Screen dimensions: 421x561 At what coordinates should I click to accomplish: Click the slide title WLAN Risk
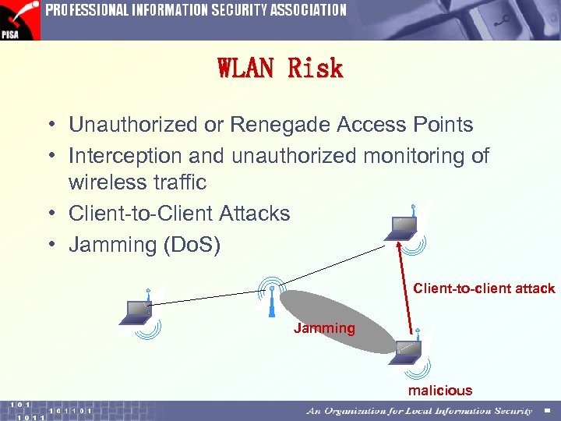(280, 69)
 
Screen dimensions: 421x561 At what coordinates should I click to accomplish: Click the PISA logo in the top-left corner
(19, 19)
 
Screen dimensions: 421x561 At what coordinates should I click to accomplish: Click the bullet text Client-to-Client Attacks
(179, 214)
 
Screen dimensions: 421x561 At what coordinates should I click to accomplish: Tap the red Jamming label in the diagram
(324, 328)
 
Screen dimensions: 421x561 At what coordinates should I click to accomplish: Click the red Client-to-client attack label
(484, 288)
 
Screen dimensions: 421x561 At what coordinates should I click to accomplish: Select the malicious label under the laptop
(440, 391)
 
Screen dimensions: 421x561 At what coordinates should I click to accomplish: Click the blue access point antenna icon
(270, 300)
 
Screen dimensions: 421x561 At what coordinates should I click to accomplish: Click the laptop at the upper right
(403, 226)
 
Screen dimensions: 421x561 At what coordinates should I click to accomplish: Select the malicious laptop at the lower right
(407, 351)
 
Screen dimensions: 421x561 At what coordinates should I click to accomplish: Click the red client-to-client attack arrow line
(406, 288)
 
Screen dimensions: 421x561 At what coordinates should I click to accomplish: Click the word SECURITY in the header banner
(235, 10)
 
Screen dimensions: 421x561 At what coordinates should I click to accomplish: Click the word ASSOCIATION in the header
(308, 10)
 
